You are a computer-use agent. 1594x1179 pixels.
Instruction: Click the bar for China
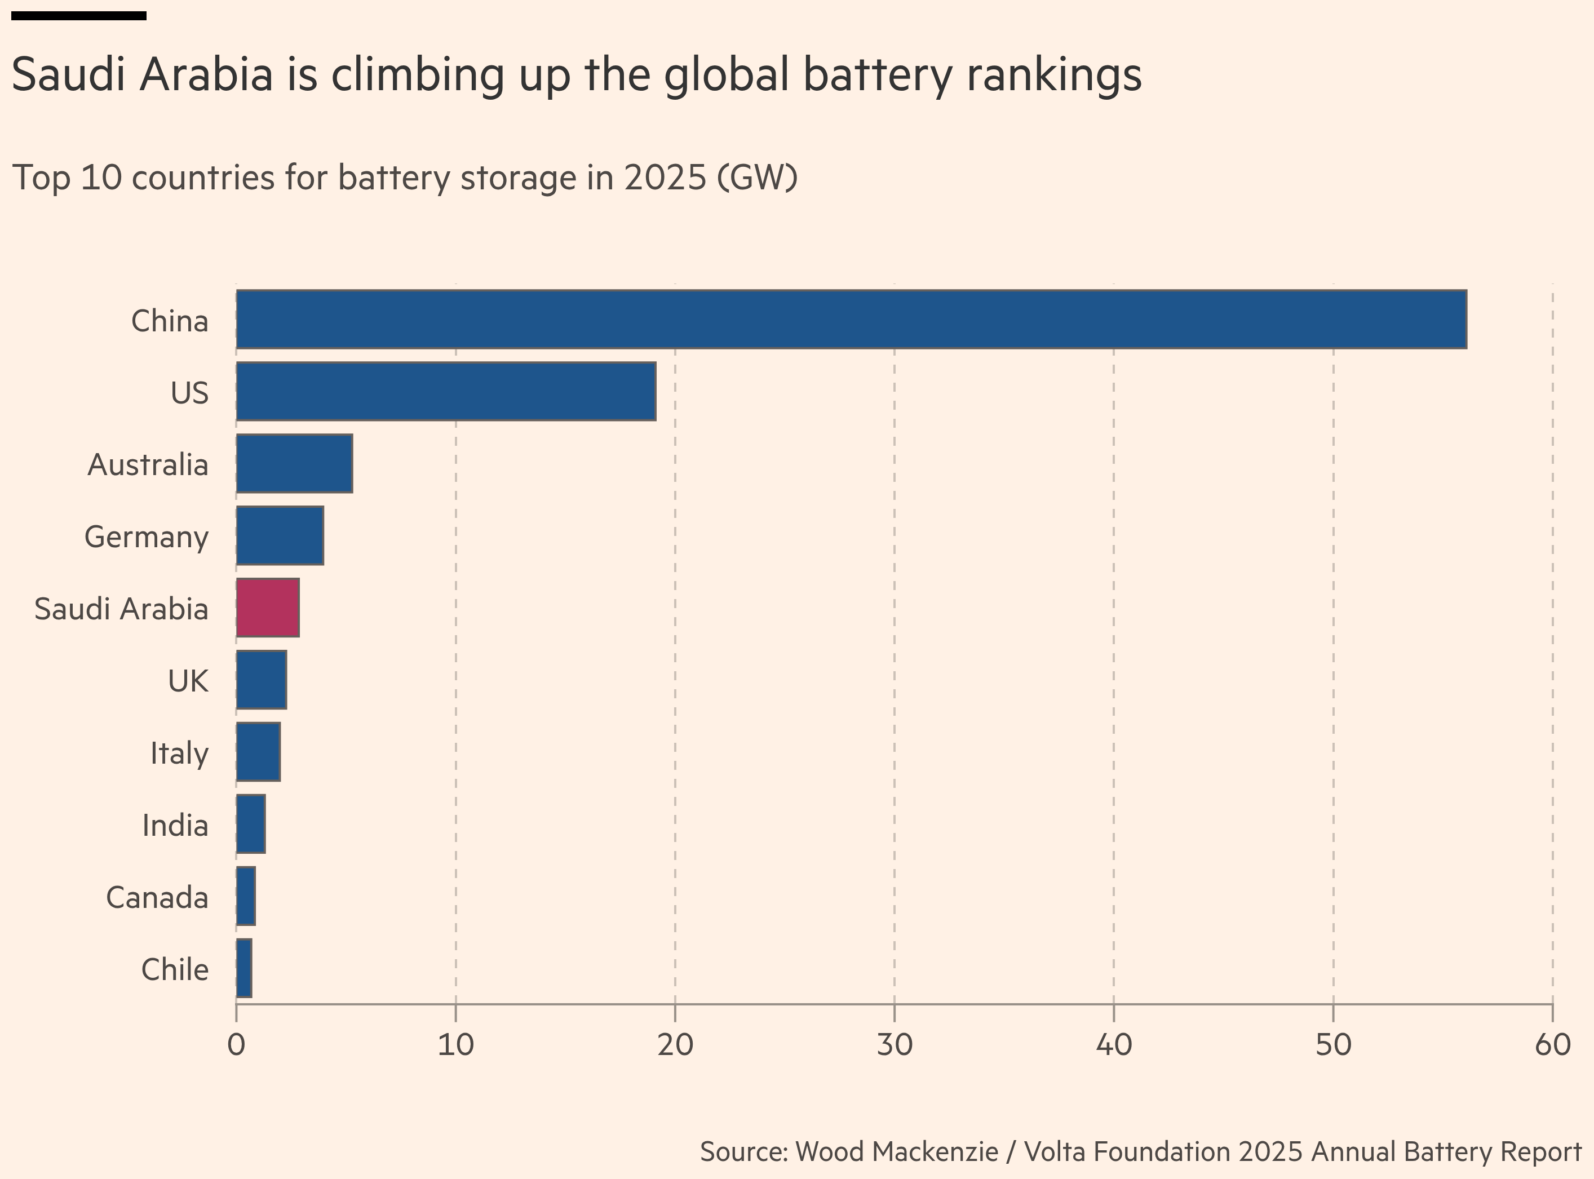coord(851,320)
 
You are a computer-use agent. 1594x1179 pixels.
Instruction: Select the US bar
coord(446,392)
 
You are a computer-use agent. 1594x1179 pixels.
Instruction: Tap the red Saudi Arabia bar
coord(268,608)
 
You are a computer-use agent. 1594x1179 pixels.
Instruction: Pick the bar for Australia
coord(294,464)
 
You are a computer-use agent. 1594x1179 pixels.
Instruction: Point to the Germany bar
coord(280,536)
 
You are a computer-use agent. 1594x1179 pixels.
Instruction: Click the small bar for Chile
coord(244,968)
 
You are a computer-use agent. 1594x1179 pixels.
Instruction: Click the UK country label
coord(188,681)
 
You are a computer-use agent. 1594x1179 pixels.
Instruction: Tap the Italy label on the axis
coord(179,754)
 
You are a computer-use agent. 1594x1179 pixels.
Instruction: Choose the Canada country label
coord(157,898)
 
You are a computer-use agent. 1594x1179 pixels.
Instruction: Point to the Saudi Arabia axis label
coord(121,609)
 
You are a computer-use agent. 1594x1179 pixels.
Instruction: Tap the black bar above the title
coord(78,16)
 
